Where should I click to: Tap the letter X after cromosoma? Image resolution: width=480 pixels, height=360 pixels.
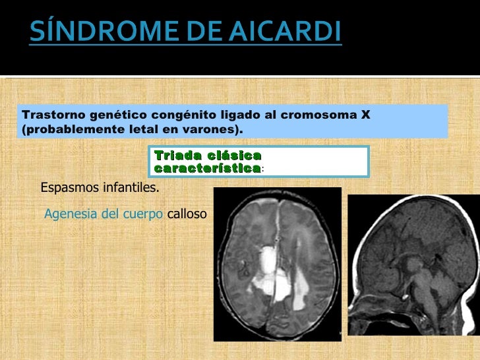(x=365, y=115)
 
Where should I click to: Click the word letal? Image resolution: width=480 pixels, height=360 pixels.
(x=136, y=129)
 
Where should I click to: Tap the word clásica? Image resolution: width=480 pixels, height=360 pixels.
(x=234, y=156)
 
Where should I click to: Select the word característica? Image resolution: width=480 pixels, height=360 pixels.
(x=206, y=169)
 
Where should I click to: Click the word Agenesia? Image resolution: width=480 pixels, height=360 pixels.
(x=69, y=214)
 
